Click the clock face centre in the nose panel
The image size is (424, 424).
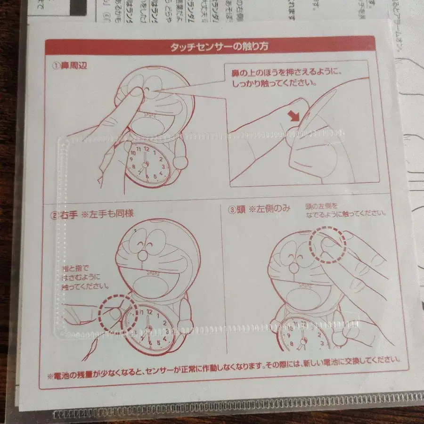(x=146, y=163)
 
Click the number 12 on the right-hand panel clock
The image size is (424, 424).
(x=150, y=311)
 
